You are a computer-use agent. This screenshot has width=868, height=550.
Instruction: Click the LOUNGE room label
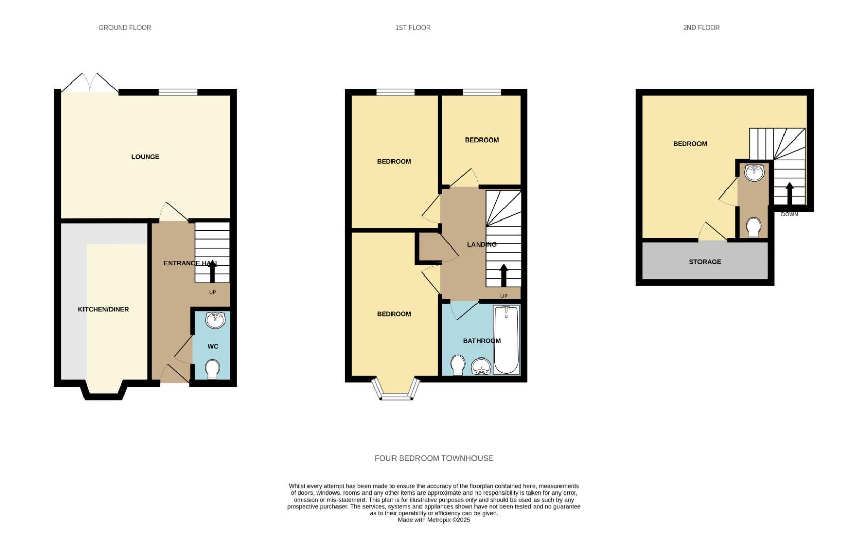[145, 157]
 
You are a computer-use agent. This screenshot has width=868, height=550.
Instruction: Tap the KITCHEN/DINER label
[103, 309]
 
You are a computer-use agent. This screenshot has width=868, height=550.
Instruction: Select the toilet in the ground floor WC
[212, 369]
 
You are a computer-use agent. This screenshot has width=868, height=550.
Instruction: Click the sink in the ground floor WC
[215, 320]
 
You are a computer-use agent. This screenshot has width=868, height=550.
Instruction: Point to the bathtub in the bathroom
[506, 340]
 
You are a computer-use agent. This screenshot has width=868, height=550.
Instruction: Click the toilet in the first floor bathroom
[458, 365]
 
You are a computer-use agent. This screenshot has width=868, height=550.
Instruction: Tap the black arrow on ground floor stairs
[212, 272]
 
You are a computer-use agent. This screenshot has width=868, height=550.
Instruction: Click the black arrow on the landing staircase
[504, 276]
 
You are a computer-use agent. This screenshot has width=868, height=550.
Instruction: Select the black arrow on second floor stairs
[789, 194]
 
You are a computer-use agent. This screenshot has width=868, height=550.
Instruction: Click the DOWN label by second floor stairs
[789, 214]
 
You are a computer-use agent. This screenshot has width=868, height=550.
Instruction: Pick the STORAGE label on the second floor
[705, 262]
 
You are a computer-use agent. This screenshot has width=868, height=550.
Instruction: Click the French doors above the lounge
[90, 83]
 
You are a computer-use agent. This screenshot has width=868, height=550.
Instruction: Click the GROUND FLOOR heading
[125, 28]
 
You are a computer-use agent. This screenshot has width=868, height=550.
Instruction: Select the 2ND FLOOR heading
[701, 28]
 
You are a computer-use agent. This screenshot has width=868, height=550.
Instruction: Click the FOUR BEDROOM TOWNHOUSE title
[434, 458]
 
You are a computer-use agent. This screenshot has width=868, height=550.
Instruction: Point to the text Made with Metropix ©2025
[434, 520]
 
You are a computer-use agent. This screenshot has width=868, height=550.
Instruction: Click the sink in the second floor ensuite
[753, 173]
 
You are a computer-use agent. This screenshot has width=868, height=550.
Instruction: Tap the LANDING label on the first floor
[482, 244]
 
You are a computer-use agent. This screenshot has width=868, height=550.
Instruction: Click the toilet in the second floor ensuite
[753, 228]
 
